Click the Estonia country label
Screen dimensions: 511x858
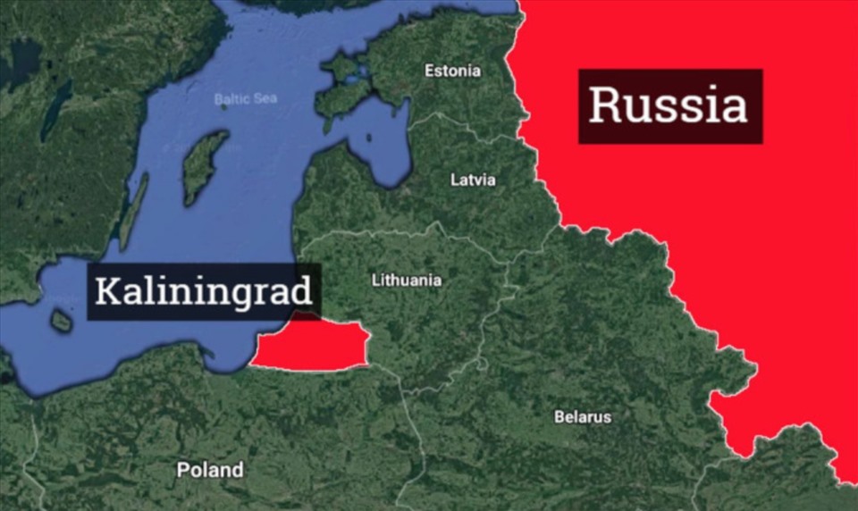[452, 71]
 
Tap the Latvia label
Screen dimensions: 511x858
[473, 180]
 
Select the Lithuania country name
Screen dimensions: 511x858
[407, 281]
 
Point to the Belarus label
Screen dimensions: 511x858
[583, 417]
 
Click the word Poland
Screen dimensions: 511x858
[209, 470]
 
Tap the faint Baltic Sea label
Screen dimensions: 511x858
[246, 98]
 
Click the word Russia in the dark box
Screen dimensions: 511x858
[669, 105]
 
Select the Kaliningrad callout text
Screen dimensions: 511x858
[204, 291]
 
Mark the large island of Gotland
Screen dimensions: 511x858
[205, 165]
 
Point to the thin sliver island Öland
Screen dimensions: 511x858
[133, 211]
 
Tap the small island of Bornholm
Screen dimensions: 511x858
[61, 321]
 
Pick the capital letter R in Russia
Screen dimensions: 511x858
[605, 106]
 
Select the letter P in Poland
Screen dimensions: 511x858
[182, 470]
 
